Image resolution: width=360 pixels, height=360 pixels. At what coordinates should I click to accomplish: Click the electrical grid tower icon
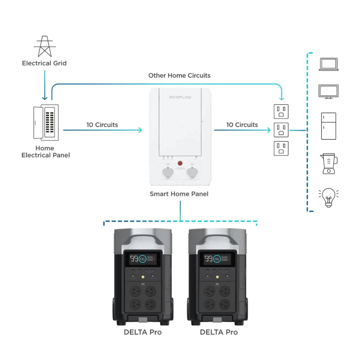tap(44, 46)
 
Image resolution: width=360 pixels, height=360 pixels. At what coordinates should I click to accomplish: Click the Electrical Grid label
tap(44, 63)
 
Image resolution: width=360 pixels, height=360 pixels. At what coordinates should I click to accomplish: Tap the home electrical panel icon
tap(46, 122)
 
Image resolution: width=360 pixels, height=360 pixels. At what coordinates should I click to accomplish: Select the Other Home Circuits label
tap(179, 76)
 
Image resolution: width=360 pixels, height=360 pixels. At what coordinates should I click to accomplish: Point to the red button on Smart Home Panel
tap(180, 164)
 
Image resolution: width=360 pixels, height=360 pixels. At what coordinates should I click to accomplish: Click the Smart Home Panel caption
tap(179, 194)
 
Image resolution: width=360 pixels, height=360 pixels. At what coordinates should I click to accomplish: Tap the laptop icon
tap(328, 64)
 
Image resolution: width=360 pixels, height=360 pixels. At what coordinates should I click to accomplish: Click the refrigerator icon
tap(328, 126)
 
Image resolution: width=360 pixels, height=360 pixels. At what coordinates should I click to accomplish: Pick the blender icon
tap(328, 164)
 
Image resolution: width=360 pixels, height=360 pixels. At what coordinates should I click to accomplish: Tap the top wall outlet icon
tap(281, 112)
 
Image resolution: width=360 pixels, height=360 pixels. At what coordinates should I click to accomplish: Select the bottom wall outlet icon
tap(281, 148)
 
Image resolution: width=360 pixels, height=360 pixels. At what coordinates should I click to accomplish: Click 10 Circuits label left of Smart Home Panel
tap(102, 125)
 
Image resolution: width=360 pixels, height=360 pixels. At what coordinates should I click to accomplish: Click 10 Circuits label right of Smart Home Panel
tap(242, 125)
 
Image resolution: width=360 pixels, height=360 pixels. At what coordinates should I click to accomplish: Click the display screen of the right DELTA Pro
tap(217, 259)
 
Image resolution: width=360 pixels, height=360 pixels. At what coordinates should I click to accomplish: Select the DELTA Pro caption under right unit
tap(219, 332)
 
